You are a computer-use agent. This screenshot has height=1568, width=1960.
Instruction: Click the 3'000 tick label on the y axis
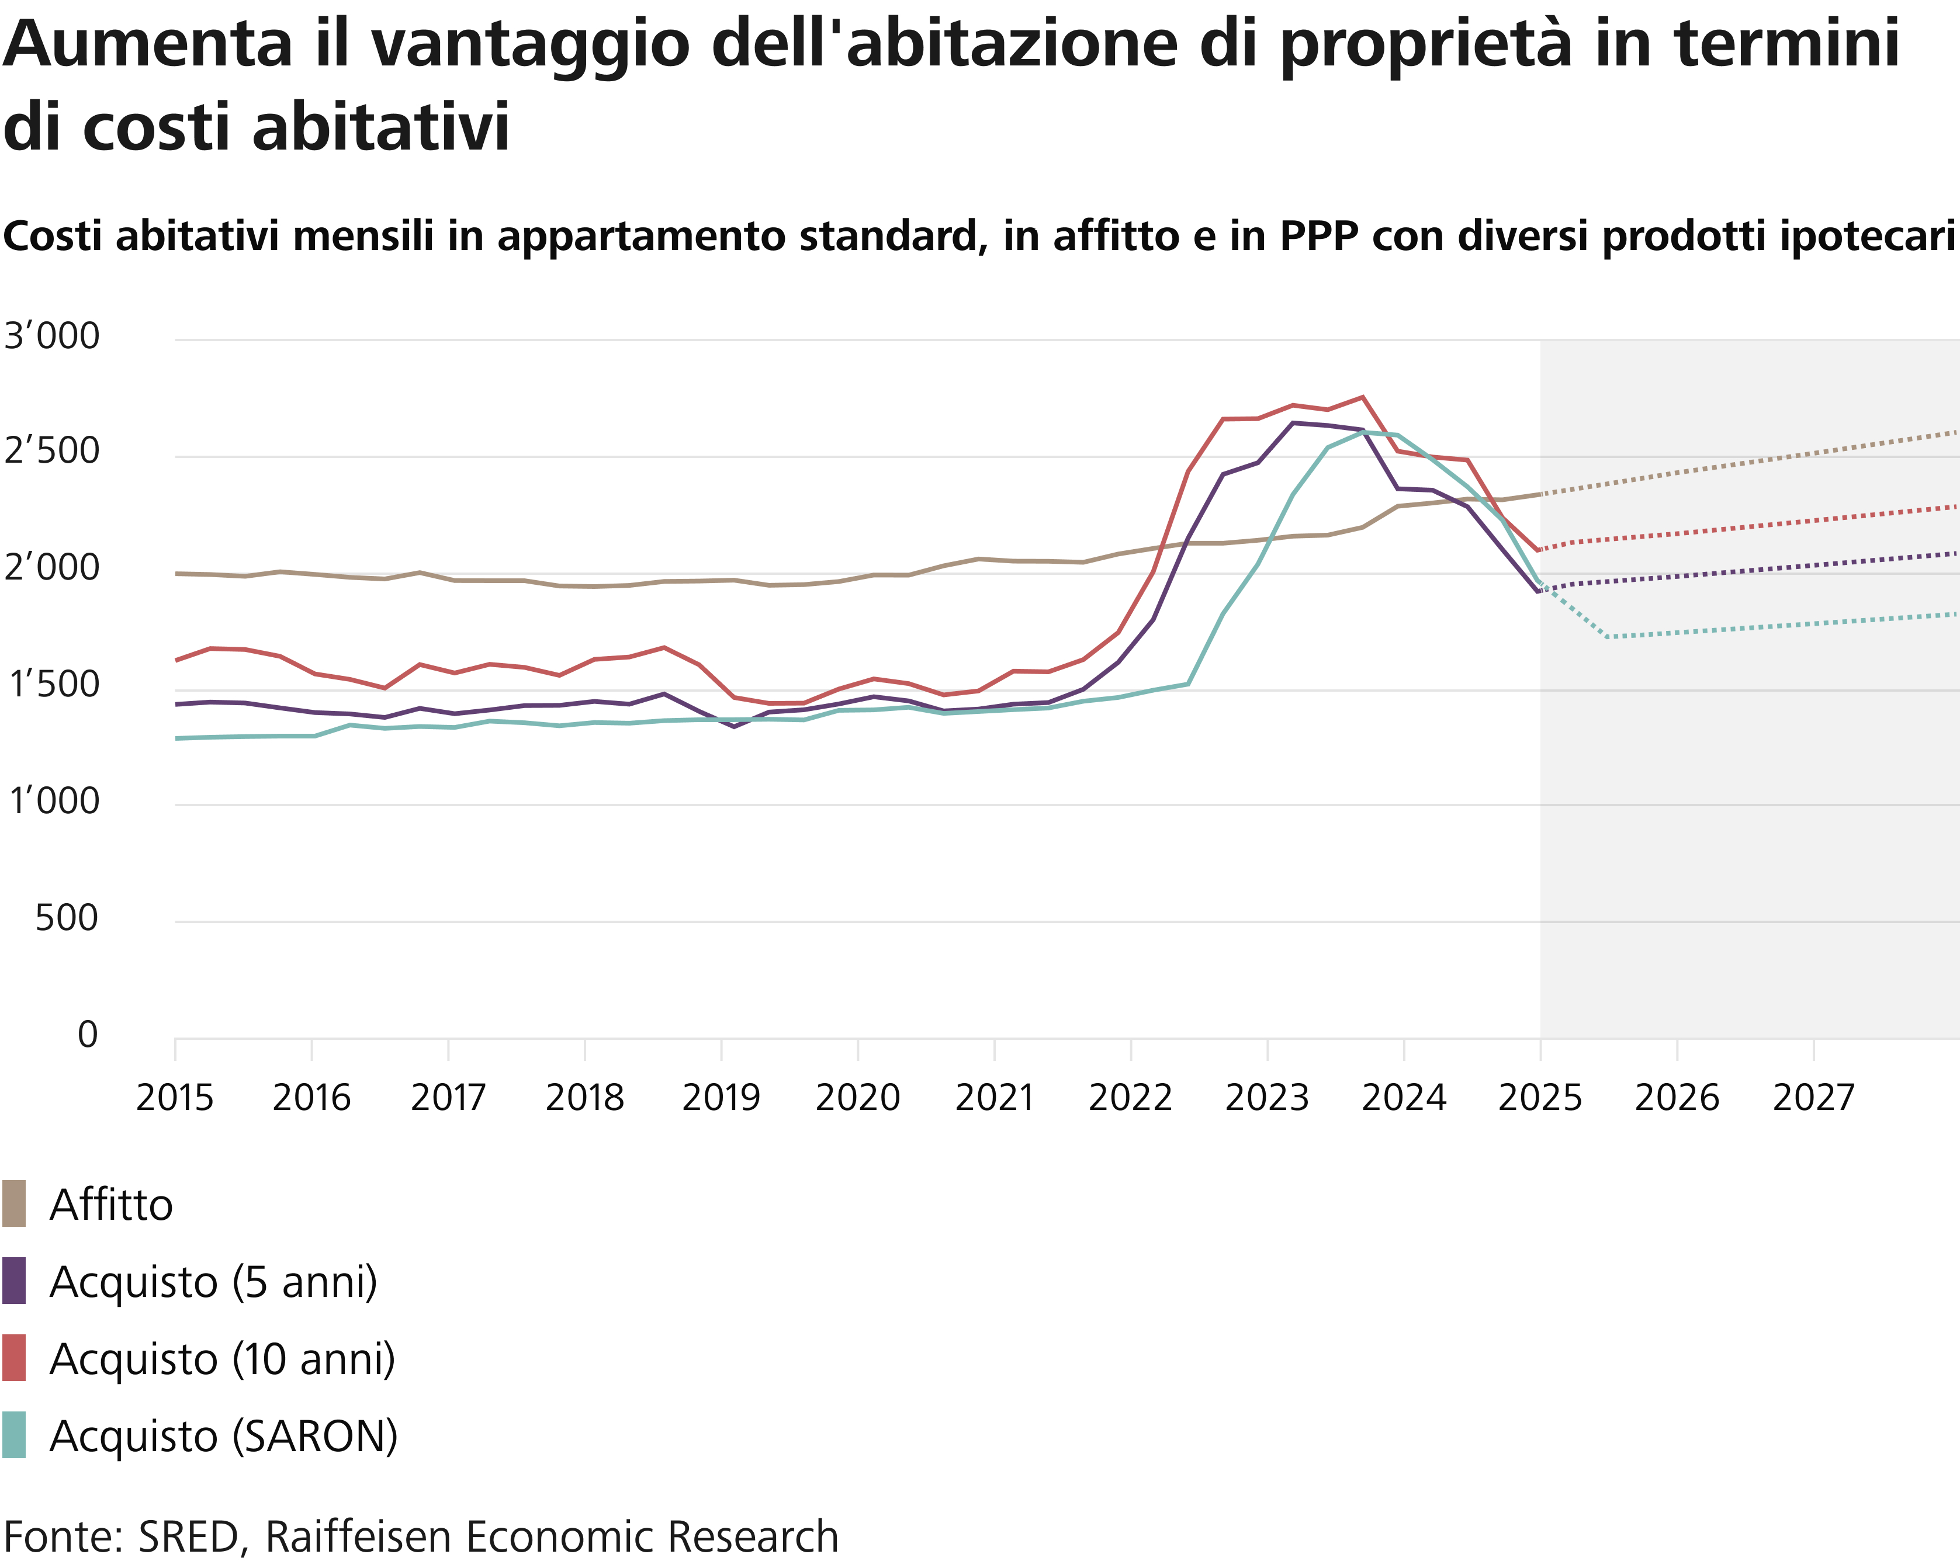(x=52, y=337)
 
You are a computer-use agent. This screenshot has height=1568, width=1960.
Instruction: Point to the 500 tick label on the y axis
(x=67, y=918)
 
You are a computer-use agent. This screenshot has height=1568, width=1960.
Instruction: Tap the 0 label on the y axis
(x=87, y=1035)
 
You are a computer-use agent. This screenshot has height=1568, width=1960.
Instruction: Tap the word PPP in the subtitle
(x=1319, y=237)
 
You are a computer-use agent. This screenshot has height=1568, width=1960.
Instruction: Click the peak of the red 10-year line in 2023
(x=1362, y=397)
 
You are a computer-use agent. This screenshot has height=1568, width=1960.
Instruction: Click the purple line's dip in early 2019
(x=733, y=726)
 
